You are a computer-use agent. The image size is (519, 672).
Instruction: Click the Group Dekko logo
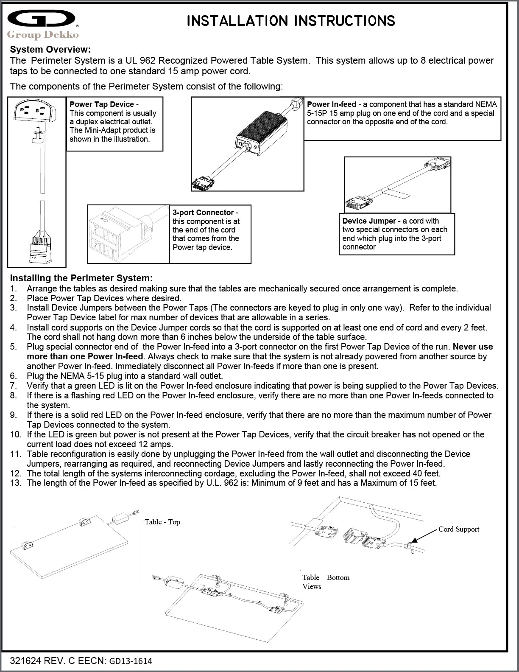point(42,25)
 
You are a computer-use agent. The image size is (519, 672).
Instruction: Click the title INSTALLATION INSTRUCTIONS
point(290,21)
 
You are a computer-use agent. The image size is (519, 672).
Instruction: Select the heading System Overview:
point(50,50)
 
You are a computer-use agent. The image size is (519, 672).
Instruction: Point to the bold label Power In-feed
point(332,104)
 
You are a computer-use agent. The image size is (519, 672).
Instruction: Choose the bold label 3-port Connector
point(203,213)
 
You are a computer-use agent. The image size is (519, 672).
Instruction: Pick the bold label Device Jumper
point(369,221)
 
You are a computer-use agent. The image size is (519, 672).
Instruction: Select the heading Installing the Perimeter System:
point(81,278)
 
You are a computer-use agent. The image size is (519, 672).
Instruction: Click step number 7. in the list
point(14,386)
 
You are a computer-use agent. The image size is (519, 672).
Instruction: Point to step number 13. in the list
point(16,483)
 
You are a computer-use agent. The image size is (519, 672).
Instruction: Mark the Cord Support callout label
point(459,529)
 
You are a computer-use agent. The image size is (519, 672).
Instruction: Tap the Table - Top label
point(162,522)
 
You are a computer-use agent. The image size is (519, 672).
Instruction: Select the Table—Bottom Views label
point(326,582)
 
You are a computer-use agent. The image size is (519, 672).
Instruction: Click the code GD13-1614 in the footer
point(131,661)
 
